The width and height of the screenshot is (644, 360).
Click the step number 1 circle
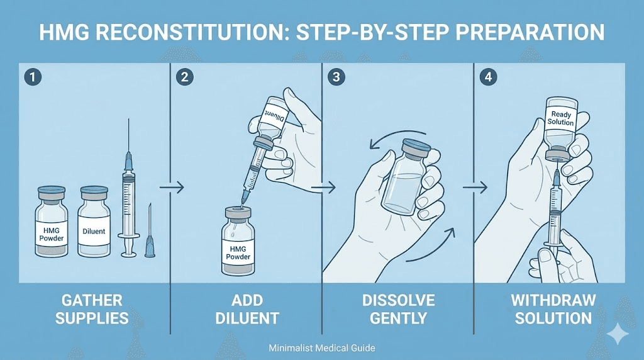coord(33,77)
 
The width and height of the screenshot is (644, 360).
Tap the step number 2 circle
coord(185,77)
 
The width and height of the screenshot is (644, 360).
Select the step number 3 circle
coord(336,77)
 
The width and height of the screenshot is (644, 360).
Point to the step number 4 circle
coord(488,77)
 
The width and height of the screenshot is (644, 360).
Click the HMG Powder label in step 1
coord(52,234)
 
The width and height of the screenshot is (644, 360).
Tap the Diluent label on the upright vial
coord(94,232)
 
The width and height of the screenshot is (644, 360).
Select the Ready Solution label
coord(561,118)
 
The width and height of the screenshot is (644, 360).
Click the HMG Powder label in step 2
coord(238,253)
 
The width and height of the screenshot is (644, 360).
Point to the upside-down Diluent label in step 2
coord(274,115)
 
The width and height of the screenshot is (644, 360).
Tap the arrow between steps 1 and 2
coord(172,188)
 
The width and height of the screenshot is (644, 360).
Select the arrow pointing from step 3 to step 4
coord(475,188)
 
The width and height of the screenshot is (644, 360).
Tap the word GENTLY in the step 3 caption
coord(398,318)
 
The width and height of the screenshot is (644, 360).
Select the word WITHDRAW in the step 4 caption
coord(553,300)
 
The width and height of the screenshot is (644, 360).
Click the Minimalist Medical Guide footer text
coord(322,348)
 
